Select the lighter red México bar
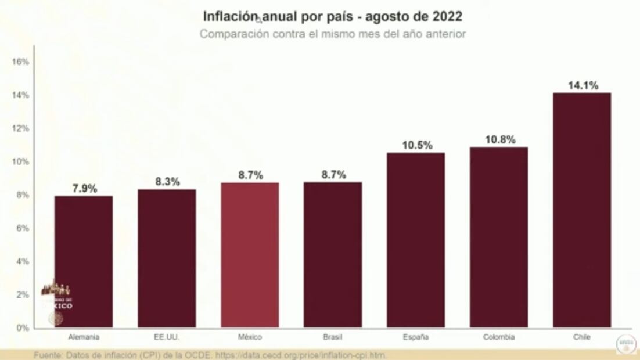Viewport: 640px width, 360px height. coord(250,255)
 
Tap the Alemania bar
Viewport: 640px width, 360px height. coord(84,261)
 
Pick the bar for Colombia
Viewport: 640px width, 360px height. coord(499,237)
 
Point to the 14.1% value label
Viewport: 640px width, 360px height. coord(582,85)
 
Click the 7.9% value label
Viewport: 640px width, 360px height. coord(84,189)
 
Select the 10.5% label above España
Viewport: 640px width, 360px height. coord(416,145)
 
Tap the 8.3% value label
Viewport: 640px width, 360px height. coord(167,182)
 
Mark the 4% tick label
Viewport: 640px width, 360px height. coord(22,261)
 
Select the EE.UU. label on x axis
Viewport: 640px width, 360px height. coord(167,337)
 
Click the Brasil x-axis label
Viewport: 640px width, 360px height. coord(333,337)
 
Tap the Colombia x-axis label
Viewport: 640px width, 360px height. coord(499,337)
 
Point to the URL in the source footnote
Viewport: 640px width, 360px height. coord(302,355)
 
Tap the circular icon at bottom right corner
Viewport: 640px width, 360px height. coord(626,344)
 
